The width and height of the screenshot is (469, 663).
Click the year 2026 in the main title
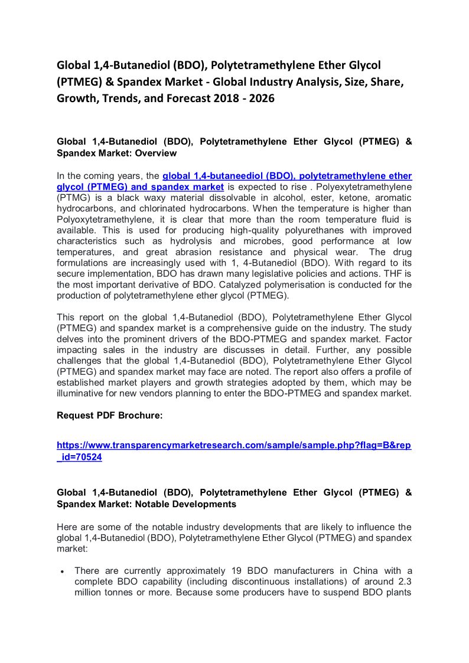pos(259,99)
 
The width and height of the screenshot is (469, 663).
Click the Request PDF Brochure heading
pos(109,416)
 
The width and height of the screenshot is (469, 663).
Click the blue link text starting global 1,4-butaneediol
pos(286,176)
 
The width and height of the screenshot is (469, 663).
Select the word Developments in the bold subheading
pos(199,504)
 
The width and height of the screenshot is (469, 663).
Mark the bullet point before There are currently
pos(62,571)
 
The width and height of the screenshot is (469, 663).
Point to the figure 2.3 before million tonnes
pos(405,582)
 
